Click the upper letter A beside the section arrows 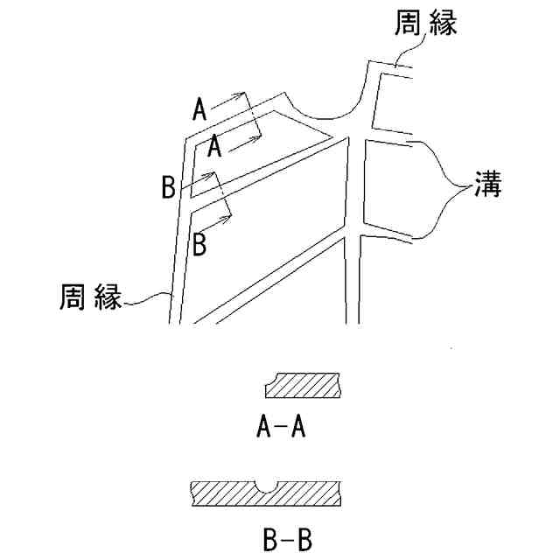tap(199, 110)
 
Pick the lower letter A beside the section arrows tap(213, 146)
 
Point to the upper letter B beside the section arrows tap(170, 187)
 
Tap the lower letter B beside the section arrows tap(199, 243)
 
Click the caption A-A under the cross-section tap(280, 427)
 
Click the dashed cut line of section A tap(252, 114)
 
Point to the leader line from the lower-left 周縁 tap(149, 300)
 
